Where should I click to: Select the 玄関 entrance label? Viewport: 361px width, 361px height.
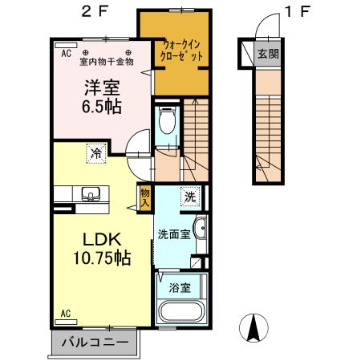(x=268, y=55)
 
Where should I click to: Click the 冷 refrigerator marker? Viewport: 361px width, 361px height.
(x=95, y=150)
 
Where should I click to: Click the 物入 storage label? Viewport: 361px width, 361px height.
(x=144, y=197)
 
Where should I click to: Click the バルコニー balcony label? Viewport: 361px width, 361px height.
(x=97, y=343)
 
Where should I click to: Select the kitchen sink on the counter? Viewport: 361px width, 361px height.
(x=89, y=193)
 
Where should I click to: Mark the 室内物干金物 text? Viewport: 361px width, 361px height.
(x=107, y=60)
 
